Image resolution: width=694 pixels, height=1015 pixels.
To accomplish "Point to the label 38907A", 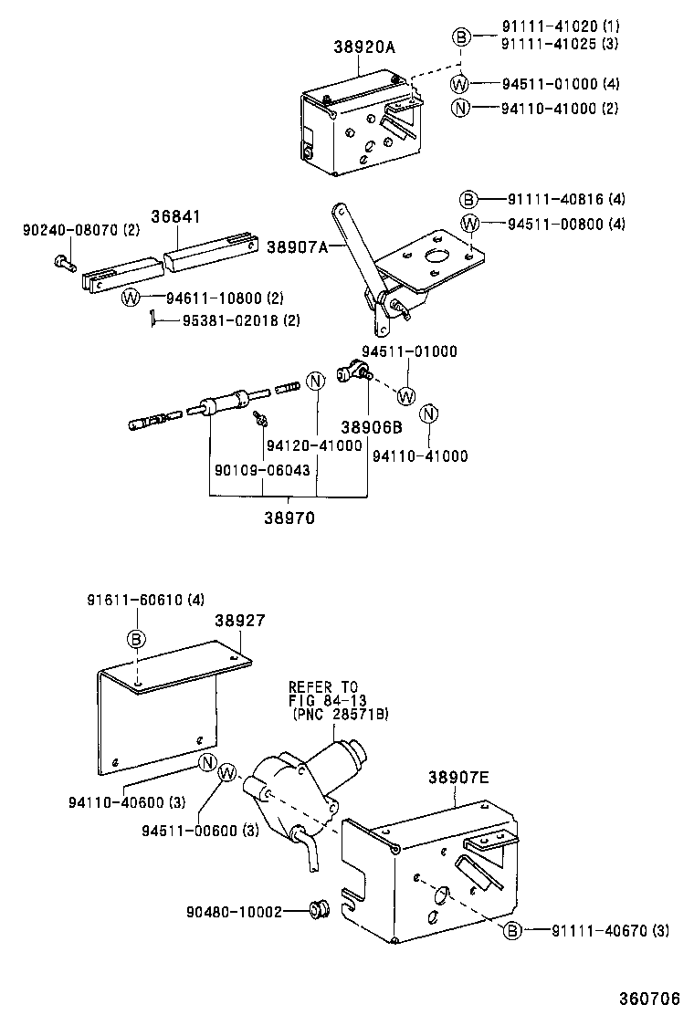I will pos(297,246).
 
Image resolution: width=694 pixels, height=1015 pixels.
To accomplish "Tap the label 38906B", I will pos(372,427).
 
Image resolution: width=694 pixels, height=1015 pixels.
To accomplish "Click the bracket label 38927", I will pos(240,620).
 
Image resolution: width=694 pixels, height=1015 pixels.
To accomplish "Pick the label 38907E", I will pos(458,778).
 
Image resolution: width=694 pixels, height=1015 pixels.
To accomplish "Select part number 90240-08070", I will pos(80,231).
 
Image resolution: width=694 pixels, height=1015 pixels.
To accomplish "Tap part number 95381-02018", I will pos(240,320).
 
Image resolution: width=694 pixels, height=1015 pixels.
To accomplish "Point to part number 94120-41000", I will pos(314,446).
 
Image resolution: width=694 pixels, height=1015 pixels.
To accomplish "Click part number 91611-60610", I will pos(145,600).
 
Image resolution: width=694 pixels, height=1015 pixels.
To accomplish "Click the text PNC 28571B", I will pos(340,715).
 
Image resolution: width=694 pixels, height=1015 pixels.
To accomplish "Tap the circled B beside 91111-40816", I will pos(468,200).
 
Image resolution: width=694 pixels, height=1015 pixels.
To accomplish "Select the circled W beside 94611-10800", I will pos(131,298).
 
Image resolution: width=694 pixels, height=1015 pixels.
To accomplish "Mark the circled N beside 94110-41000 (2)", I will pos(462,108).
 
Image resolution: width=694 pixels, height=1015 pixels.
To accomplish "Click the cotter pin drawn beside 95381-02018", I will pos(155,319).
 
